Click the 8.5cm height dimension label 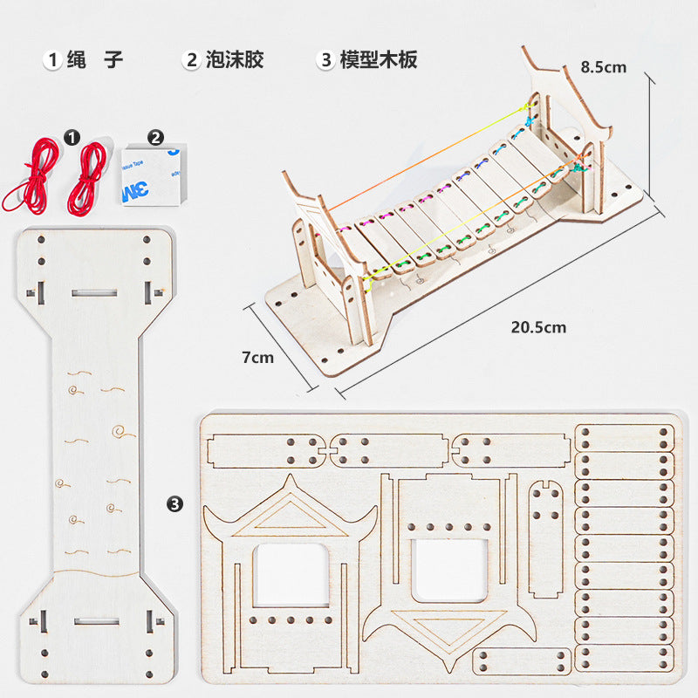click(x=603, y=66)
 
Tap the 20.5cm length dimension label click(x=538, y=327)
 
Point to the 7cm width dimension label click(x=257, y=357)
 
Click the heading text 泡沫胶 click(x=235, y=59)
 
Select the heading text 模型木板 click(x=379, y=59)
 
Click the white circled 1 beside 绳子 click(x=52, y=60)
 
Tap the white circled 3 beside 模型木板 click(x=326, y=60)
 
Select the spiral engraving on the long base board click(x=116, y=431)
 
